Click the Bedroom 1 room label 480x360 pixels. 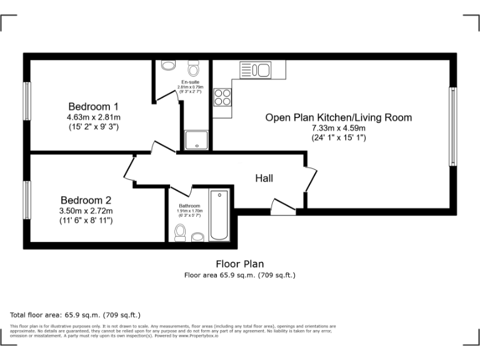click(93, 106)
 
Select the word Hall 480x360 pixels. click(264, 178)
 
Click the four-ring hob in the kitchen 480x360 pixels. click(222, 97)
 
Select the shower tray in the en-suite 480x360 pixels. click(196, 141)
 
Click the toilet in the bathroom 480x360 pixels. click(181, 232)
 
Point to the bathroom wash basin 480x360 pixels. click(198, 236)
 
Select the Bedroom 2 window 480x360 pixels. click(27, 200)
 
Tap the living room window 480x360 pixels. click(452, 126)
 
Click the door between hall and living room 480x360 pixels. click(310, 178)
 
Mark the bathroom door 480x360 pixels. click(180, 189)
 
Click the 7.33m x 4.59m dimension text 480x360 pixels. click(338, 128)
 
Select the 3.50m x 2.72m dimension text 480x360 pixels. click(86, 211)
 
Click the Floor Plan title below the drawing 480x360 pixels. click(239, 264)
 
